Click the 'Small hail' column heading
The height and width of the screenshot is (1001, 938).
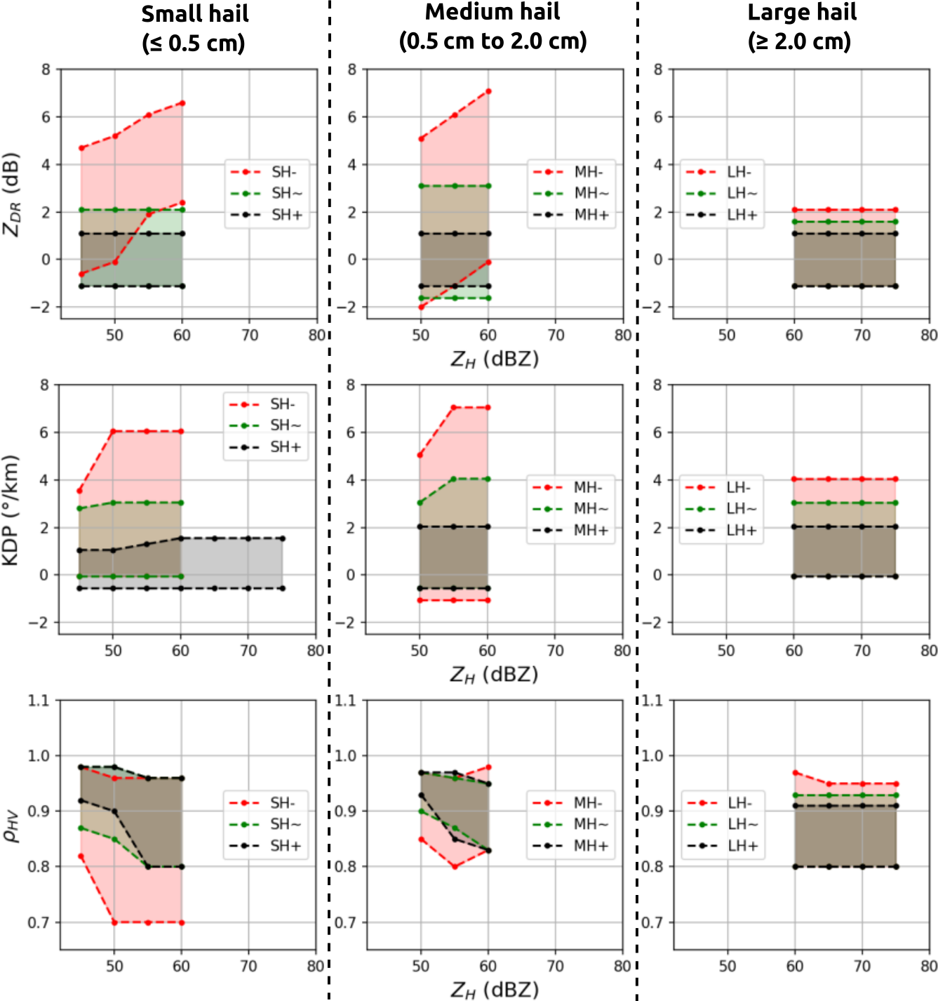[x=194, y=14]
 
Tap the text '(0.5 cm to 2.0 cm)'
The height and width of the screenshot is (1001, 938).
[x=493, y=41]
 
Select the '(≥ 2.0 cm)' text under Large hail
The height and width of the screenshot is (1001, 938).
[x=799, y=41]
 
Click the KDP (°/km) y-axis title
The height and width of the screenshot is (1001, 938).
[x=11, y=510]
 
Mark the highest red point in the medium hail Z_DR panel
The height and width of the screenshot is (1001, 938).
[x=488, y=91]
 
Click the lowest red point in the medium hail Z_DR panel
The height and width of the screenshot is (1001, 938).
[x=421, y=307]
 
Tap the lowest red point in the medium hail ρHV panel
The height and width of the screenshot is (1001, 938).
[x=455, y=866]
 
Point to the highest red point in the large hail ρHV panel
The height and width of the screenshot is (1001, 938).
[x=795, y=773]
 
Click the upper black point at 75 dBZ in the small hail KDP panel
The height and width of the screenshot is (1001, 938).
[x=282, y=538]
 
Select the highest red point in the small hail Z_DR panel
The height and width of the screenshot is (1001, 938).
[x=182, y=103]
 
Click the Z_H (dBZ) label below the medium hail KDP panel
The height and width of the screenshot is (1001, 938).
[x=494, y=675]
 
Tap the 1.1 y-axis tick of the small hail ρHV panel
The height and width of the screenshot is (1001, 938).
[x=39, y=701]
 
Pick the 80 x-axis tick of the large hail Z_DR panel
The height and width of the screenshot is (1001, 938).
[x=929, y=336]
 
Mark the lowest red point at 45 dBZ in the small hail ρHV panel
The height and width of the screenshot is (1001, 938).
[x=81, y=856]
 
